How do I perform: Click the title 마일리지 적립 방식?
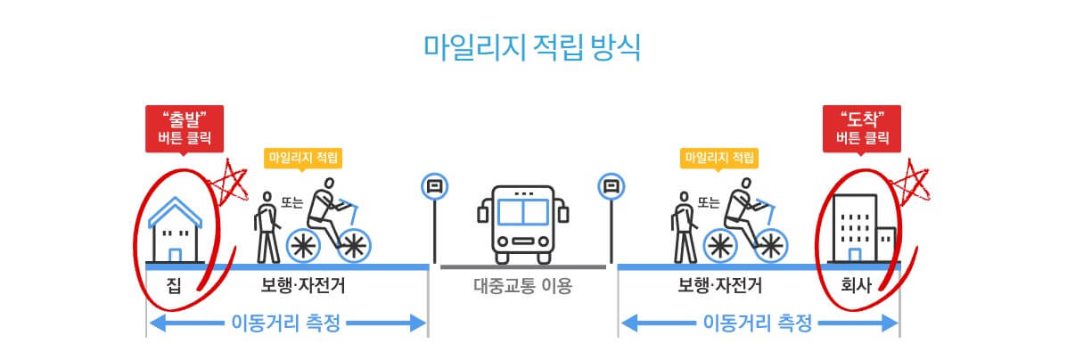532,46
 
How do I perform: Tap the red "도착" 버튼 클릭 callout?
862,127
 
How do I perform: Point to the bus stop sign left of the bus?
434,187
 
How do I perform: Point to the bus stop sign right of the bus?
611,187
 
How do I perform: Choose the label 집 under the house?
175,287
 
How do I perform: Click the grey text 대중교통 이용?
522,287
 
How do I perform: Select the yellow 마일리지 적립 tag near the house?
303,159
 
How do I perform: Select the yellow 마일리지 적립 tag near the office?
719,159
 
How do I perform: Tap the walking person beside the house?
267,227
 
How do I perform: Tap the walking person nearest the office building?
685,227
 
